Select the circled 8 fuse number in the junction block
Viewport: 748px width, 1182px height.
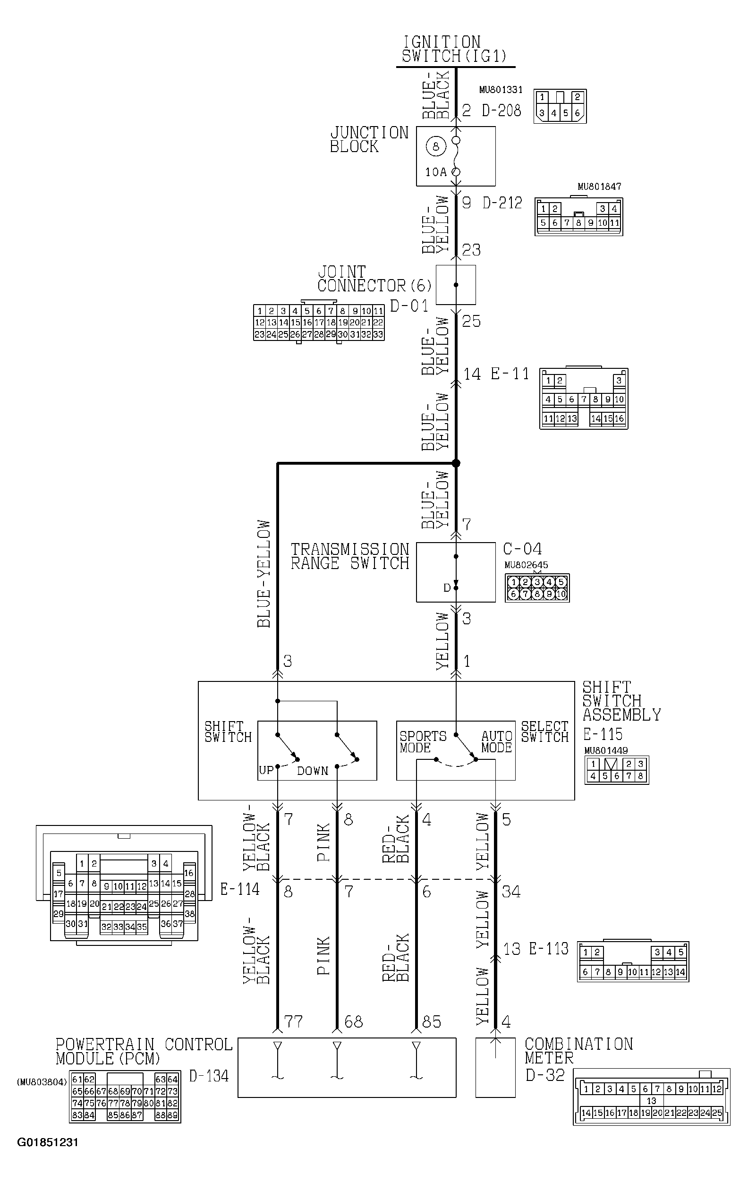click(435, 146)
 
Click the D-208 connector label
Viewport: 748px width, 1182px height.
click(501, 111)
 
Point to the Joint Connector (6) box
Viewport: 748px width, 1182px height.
click(456, 285)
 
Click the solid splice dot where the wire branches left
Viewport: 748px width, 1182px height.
click(456, 463)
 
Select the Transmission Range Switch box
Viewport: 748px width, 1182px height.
click(456, 572)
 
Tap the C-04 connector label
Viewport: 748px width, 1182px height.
click(522, 549)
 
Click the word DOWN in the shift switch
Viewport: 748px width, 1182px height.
click(313, 771)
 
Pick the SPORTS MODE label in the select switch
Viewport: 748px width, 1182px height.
click(423, 742)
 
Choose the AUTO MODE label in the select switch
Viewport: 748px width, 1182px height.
click(496, 742)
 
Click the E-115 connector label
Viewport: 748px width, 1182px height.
click(603, 734)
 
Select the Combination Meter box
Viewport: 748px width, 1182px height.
click(495, 1067)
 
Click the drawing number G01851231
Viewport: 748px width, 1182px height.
click(48, 1142)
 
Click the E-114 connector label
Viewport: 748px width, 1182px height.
click(239, 888)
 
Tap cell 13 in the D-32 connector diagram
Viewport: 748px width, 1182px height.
click(651, 1100)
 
